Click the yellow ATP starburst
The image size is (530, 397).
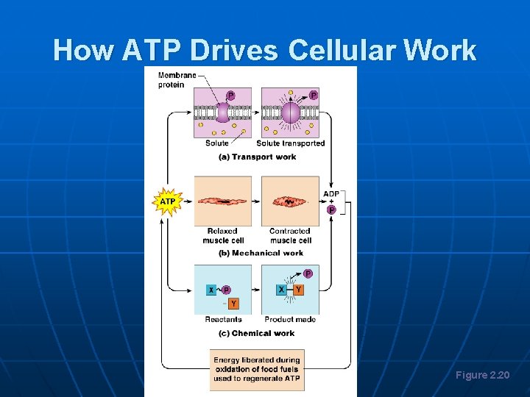click(167, 201)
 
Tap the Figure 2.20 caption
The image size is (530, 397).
click(482, 376)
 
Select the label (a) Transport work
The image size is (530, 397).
click(257, 156)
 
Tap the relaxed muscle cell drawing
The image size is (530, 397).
click(222, 200)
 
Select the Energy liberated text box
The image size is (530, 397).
click(257, 369)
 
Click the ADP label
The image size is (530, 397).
click(331, 194)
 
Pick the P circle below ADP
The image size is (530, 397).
click(331, 210)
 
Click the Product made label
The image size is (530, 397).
click(290, 320)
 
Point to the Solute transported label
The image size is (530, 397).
click(290, 143)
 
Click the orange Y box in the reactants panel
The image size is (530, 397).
click(233, 304)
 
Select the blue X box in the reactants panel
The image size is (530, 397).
click(211, 290)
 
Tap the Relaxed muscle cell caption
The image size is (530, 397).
click(222, 235)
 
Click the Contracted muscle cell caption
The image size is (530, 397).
click(290, 235)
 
